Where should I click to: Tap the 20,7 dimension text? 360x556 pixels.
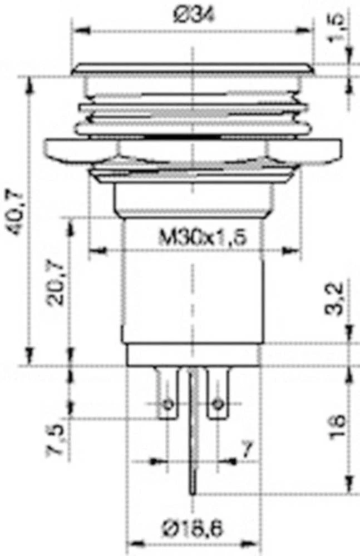pyautogui.click(x=56, y=284)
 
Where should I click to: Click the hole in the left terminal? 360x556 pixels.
pyautogui.click(x=167, y=403)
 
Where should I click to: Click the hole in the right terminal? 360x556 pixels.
pyautogui.click(x=219, y=403)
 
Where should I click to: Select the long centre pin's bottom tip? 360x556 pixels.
pyautogui.click(x=193, y=492)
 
